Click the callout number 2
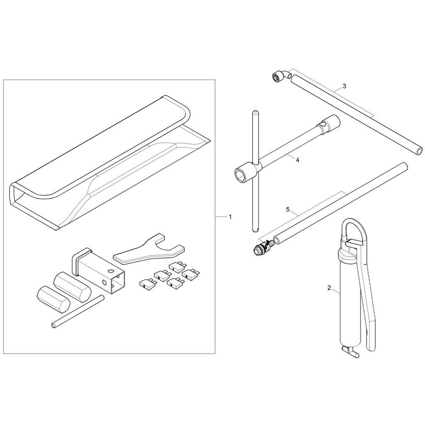coord(329,288)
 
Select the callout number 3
coord(344,86)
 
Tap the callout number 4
coord(297,160)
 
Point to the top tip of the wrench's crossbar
coord(255,112)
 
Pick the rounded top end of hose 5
coord(404,166)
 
